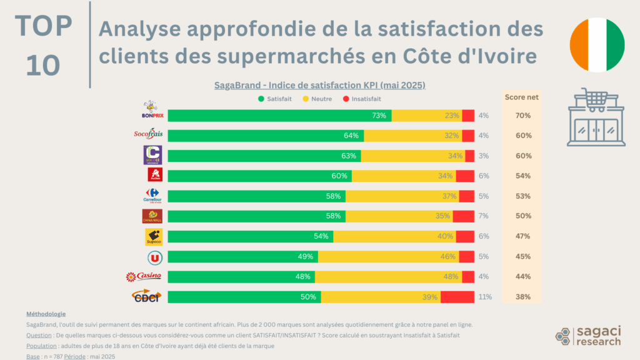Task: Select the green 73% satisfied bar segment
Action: tap(279, 116)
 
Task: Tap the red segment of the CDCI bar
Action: tap(457, 297)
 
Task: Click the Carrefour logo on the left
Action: tap(152, 196)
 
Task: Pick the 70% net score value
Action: tap(523, 116)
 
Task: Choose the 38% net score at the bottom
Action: tap(523, 297)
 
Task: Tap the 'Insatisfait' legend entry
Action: tap(362, 98)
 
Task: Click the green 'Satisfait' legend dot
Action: tap(260, 98)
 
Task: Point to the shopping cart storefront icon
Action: tap(596, 119)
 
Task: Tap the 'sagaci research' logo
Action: tap(589, 336)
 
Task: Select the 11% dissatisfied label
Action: tap(486, 297)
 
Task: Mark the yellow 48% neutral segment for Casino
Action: tap(388, 277)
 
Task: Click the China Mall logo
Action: tap(152, 216)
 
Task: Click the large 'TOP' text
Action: tap(44, 26)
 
